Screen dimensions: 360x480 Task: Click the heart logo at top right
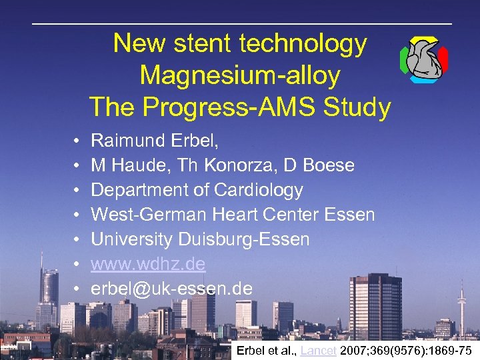[424, 60]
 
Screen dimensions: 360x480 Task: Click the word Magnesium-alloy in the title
[240, 75]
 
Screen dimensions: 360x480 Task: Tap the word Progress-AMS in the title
[237, 107]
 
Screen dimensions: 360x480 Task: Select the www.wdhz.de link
[148, 264]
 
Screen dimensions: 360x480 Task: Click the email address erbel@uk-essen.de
[171, 289]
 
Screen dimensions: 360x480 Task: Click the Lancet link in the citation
[318, 351]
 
